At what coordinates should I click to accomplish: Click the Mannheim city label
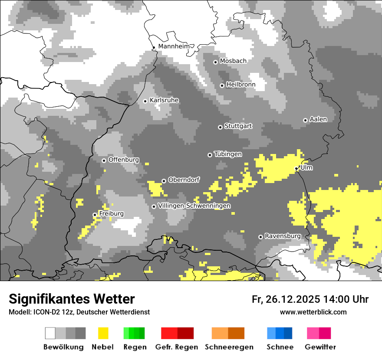(x=174, y=46)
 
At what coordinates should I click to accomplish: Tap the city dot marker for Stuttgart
(x=220, y=127)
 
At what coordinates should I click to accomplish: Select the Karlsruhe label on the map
(x=164, y=101)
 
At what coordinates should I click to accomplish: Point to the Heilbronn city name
(x=240, y=85)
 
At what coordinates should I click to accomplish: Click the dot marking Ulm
(x=296, y=168)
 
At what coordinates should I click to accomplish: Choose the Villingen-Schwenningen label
(x=194, y=206)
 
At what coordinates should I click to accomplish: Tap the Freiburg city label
(x=111, y=214)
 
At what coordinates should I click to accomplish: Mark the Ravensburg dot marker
(x=260, y=237)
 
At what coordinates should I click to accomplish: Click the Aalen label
(x=318, y=119)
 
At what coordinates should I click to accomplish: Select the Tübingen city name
(x=228, y=154)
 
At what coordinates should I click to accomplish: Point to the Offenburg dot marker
(x=104, y=160)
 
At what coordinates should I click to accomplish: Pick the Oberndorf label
(x=184, y=180)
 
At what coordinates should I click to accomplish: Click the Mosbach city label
(x=233, y=61)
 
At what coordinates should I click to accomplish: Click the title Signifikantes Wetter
(x=72, y=299)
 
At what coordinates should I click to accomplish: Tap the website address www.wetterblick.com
(x=313, y=312)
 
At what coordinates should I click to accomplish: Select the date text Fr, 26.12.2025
(x=286, y=299)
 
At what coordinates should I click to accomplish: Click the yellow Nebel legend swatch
(x=103, y=333)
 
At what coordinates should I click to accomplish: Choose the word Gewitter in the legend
(x=320, y=347)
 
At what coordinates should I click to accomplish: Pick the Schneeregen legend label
(x=229, y=347)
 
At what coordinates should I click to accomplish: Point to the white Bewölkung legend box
(x=50, y=333)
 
